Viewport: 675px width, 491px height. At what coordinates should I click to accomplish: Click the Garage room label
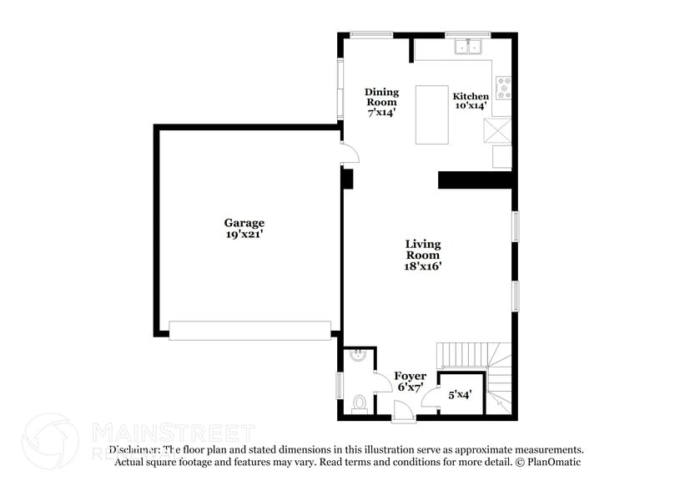tap(244, 223)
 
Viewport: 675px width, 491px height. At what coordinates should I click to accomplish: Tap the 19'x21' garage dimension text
tap(244, 235)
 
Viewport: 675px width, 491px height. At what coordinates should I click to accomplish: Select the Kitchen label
tap(471, 96)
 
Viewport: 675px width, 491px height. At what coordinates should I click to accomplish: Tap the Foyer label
tap(411, 377)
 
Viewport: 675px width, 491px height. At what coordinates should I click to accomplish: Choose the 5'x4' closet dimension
tap(460, 395)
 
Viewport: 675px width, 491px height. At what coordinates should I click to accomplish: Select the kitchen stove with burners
tap(504, 85)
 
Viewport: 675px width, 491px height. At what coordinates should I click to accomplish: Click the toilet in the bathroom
tap(360, 404)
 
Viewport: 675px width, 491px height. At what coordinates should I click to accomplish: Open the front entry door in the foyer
tap(402, 408)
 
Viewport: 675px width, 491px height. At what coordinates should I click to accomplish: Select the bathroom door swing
tap(382, 381)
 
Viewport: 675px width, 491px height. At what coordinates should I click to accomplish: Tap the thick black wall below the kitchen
tap(474, 180)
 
